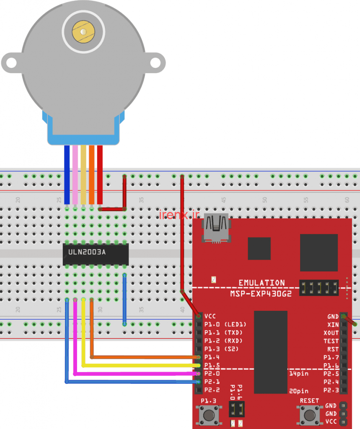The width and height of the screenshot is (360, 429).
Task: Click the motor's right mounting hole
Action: point(155,63)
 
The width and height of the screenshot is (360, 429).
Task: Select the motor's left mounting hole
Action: point(11,63)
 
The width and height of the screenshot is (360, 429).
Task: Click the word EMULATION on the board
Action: point(262,283)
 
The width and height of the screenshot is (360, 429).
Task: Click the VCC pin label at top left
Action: point(210,316)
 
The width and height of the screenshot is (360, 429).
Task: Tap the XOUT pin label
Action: point(331,333)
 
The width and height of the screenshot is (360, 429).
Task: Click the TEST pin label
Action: point(331,341)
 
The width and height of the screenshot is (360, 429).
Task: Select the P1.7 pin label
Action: point(331,357)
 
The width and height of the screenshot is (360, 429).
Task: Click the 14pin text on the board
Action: point(299,373)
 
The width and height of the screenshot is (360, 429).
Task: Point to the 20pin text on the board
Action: point(299,390)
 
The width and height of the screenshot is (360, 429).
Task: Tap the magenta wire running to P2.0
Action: point(134,373)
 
